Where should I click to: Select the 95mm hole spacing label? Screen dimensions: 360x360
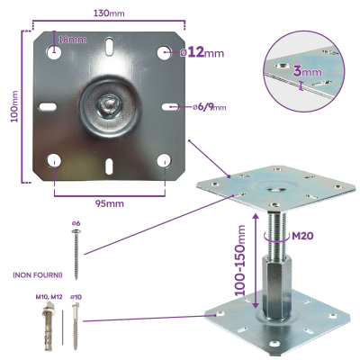coord(109,204)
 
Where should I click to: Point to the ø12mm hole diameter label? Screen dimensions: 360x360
coord(202,53)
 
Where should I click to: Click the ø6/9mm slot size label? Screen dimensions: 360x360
coord(209,107)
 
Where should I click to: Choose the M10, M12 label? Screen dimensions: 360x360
coord(49,296)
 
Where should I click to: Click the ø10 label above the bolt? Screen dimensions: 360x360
coord(77,296)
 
